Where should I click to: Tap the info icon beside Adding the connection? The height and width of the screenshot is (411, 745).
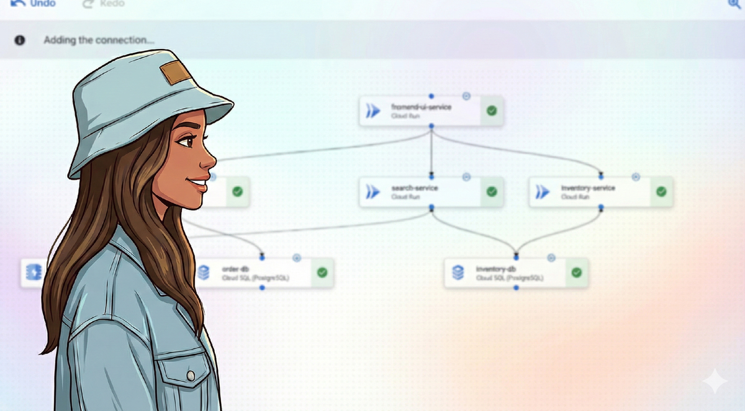pos(20,40)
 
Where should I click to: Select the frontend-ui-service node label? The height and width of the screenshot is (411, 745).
pos(421,107)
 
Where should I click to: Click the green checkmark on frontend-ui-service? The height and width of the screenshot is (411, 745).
pos(492,111)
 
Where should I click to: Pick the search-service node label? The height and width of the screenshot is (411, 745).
pos(414,188)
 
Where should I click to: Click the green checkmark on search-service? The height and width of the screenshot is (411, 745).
pos(492,192)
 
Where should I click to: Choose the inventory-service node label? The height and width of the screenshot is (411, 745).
pos(587,188)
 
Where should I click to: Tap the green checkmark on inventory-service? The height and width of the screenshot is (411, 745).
pos(661,192)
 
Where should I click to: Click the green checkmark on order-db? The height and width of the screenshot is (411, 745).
pos(322,273)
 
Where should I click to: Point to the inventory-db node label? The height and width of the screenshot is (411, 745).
pos(496,269)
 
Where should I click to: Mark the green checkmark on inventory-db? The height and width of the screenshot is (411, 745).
pos(577,273)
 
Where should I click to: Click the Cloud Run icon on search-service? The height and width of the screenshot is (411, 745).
pos(373,192)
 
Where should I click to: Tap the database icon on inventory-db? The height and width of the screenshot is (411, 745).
pos(458,273)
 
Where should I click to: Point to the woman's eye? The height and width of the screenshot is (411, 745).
pos(186,142)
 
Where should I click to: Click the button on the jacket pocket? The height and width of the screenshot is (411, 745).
pos(191,376)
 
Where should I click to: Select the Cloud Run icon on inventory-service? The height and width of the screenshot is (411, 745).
pos(543,192)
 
